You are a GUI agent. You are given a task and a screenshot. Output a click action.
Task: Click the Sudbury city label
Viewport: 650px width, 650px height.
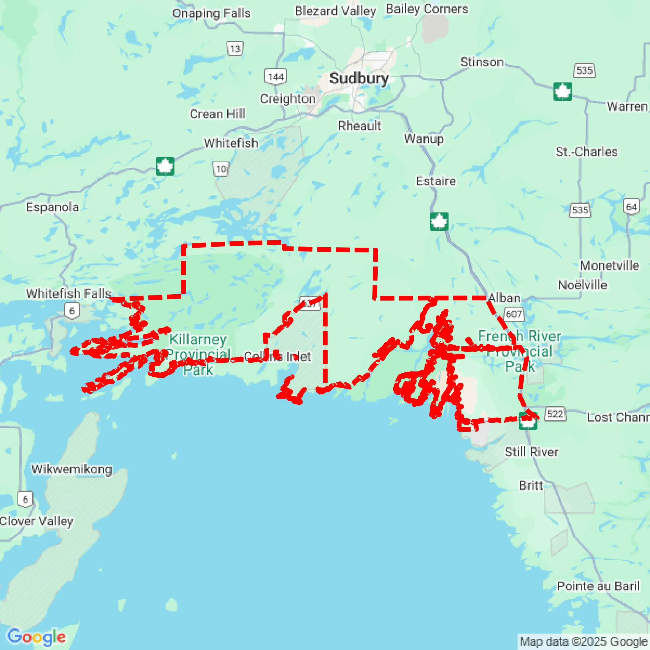coord(359,79)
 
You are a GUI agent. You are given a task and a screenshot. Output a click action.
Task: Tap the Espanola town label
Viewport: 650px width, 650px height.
coord(53,207)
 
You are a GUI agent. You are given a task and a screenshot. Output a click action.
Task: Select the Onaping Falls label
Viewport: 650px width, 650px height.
coord(211,13)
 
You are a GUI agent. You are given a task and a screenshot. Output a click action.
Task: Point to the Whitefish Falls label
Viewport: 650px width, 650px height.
coord(69,293)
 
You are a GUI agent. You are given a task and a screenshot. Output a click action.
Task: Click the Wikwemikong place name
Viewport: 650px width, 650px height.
coord(72,469)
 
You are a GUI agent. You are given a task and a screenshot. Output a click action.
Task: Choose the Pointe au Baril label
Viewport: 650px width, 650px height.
coord(598,586)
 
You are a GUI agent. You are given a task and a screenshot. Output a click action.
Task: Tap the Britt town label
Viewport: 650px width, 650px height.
coord(531,485)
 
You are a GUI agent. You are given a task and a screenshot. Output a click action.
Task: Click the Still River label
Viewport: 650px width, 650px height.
coord(532,452)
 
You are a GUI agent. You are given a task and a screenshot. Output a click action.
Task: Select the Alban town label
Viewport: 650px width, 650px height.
coord(504,298)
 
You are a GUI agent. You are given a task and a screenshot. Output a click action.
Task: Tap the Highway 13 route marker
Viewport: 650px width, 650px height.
coord(235,49)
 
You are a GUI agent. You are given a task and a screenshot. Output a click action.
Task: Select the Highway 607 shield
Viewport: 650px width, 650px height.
coord(514,314)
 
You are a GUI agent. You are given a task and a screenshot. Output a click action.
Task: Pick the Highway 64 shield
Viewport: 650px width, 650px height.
coord(631,207)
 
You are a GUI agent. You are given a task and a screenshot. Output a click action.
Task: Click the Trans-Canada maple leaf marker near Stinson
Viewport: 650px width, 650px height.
coord(562,91)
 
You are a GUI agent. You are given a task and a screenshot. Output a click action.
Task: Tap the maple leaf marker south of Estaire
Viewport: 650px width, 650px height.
coord(439,221)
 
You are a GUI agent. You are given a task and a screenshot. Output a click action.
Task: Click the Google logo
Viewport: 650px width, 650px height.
coord(36,636)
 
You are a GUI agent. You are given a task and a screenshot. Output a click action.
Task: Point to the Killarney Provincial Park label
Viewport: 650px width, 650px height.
coord(198,354)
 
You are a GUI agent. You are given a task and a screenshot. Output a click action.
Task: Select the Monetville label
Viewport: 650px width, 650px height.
coord(609,265)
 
